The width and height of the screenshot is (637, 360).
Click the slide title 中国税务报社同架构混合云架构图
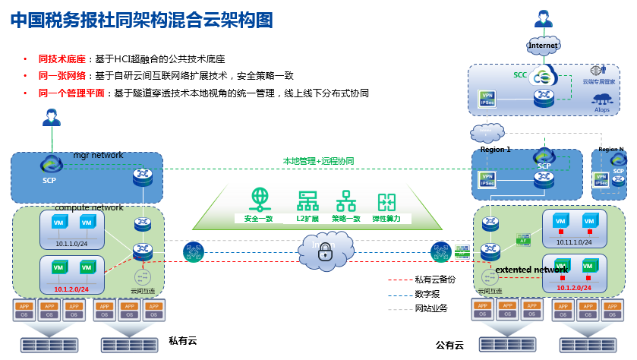coord(141,21)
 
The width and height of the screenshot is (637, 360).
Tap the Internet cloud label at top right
coord(543,46)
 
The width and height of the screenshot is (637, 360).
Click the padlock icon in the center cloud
coord(325,252)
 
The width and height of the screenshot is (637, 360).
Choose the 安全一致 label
coord(259,218)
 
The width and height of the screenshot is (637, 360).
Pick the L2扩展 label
coord(307,218)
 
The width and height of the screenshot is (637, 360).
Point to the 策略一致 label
coord(346,218)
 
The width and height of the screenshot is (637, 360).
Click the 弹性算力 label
coord(387,218)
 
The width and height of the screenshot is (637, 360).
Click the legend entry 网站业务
coord(430,308)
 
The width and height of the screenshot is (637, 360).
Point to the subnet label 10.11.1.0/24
coord(574,241)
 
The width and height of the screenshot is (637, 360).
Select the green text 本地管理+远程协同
coord(319,161)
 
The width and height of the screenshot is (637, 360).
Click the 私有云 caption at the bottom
coord(182,341)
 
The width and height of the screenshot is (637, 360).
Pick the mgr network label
coord(98,156)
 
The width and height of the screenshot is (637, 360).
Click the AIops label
coord(603,109)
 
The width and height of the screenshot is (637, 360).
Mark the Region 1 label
coord(496,150)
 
